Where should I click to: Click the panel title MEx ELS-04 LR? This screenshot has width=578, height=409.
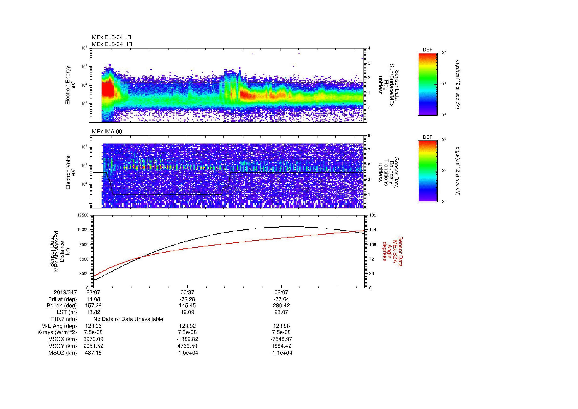coord(111,37)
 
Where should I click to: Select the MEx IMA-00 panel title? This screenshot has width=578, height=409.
coord(107,132)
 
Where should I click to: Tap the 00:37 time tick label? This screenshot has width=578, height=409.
coord(187,292)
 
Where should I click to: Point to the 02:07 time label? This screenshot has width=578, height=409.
coord(281,292)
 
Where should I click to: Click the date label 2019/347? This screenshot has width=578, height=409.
coord(65,292)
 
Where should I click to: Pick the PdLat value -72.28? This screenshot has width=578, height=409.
coord(187,299)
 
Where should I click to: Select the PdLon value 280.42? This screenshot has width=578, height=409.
coord(281,306)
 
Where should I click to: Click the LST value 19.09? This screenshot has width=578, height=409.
coord(187,312)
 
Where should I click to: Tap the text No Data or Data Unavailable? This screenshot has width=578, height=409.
coord(128,319)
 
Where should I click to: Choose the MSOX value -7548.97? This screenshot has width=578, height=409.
coord(281,339)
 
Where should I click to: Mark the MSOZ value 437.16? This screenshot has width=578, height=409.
coord(93,353)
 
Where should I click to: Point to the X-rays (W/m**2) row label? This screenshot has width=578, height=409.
coord(57,332)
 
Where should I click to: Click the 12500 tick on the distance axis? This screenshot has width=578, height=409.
coord(83,215)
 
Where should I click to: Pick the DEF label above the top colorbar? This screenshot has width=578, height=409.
coord(427,50)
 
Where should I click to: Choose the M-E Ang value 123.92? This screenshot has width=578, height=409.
coord(187,326)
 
